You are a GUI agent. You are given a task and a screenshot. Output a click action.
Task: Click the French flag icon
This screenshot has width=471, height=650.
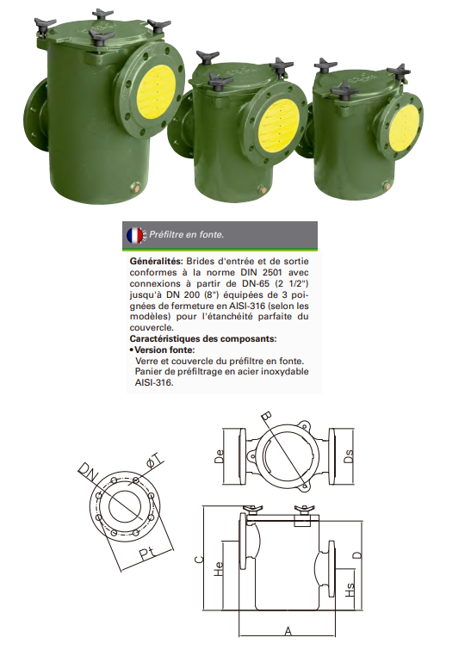[134, 235]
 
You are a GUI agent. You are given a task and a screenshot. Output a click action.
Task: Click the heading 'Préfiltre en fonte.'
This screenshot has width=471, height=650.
[187, 235]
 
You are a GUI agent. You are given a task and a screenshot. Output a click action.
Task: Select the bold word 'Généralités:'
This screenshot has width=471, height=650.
[157, 262]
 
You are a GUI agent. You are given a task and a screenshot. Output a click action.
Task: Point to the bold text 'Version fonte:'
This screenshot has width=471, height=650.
[164, 350]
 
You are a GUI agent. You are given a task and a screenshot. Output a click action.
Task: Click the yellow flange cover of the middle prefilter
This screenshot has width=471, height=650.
[279, 122]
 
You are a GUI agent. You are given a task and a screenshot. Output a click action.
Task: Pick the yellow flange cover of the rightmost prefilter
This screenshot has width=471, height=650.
[403, 127]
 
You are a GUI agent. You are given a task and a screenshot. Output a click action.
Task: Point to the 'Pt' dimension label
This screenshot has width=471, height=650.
[146, 554]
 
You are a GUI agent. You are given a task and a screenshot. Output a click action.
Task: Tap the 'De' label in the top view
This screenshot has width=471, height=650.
[220, 457]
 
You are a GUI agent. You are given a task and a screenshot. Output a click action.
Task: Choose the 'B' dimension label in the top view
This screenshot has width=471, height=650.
[267, 417]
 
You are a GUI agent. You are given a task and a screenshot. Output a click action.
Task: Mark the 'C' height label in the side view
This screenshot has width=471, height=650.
[199, 560]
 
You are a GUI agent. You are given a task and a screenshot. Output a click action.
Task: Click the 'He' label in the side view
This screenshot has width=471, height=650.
[218, 568]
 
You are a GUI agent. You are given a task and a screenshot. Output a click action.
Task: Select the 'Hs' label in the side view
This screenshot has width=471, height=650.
[350, 590]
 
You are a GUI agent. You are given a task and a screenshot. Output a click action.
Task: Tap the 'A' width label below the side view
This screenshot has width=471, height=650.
[288, 631]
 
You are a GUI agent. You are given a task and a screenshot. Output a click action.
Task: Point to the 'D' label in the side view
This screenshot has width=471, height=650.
[359, 554]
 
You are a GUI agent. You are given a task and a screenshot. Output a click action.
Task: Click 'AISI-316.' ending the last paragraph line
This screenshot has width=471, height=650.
[154, 382]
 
